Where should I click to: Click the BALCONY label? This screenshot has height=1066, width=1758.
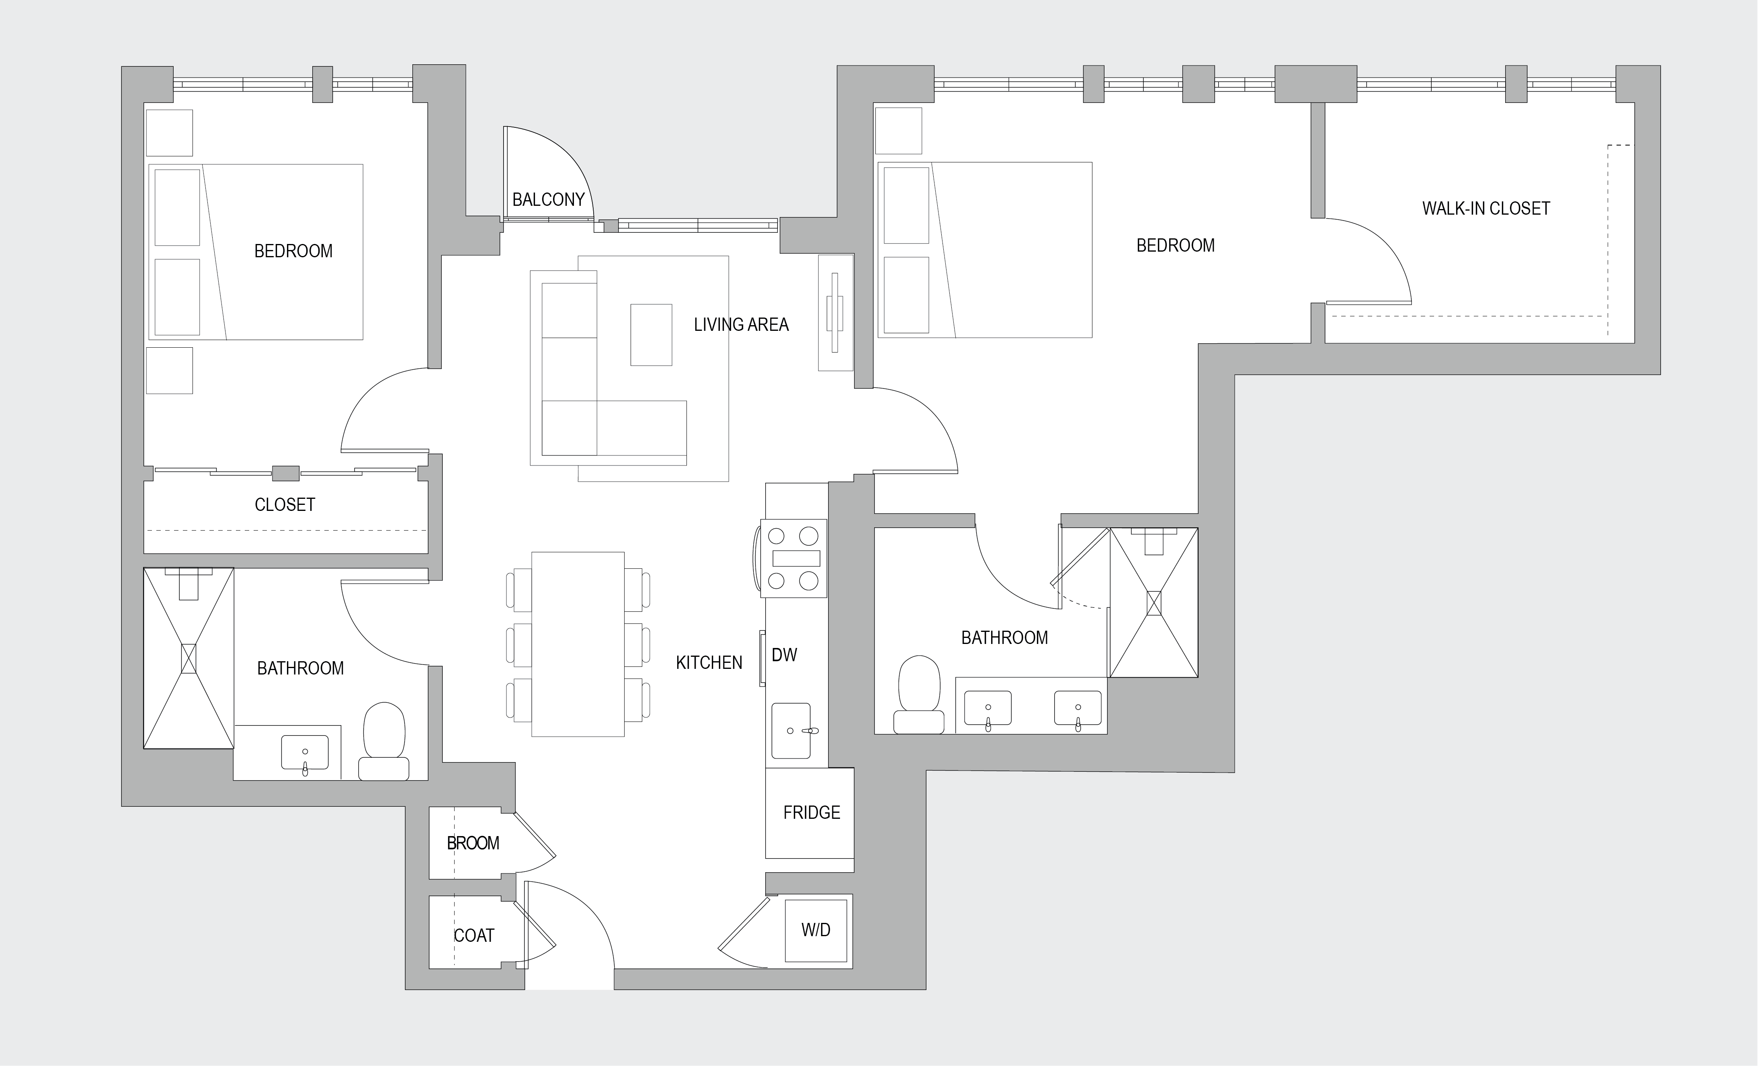pos(548,200)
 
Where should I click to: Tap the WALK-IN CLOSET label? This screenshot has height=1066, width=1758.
pos(1486,208)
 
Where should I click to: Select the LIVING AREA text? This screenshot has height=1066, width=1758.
pos(741,325)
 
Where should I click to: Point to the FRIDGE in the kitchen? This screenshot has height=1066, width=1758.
pos(810,813)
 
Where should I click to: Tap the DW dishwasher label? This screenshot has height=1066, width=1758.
pos(784,655)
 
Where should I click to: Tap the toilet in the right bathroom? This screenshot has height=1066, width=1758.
pos(919,694)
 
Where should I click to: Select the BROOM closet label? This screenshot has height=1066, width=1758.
pos(473,843)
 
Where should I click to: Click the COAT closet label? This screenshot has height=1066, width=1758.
pos(474,935)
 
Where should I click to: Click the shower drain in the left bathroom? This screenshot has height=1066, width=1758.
pos(189,658)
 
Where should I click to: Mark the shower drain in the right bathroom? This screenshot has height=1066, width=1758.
pos(1154,603)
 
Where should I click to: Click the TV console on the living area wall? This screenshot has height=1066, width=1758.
pos(836,312)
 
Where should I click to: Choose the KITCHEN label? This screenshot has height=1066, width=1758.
pos(709,663)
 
